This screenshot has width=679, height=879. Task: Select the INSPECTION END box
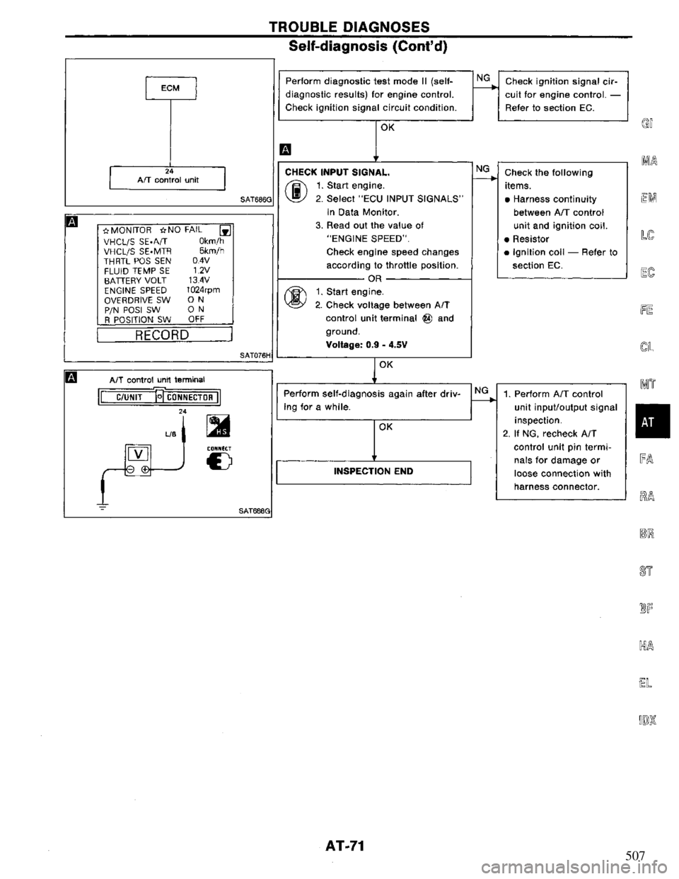click(373, 471)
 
